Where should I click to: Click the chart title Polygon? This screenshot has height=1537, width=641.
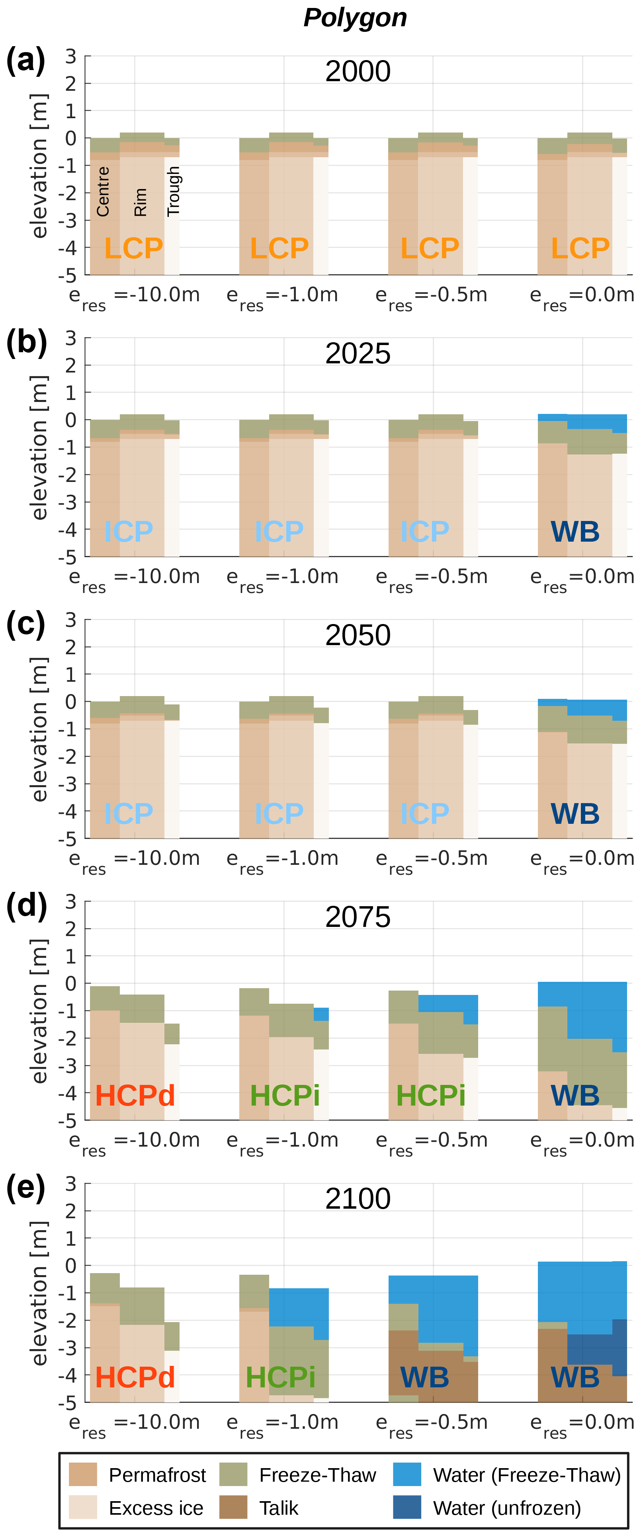pos(355,18)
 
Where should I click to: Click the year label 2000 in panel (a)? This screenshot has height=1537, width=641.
pos(358,72)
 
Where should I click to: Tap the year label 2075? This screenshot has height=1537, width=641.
pos(358,917)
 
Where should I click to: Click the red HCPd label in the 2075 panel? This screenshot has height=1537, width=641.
pos(135,1096)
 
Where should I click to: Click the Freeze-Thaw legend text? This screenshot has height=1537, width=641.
pos(318,1475)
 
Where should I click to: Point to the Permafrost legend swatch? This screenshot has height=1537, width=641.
pos(82,1475)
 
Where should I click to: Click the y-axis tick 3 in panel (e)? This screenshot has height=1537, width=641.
pos(71,1183)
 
